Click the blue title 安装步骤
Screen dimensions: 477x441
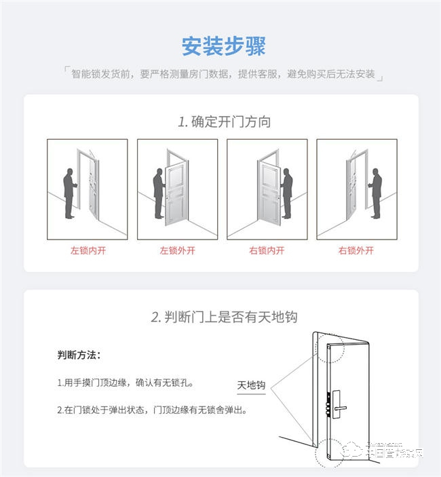point(223,46)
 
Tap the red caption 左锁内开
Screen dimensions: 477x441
point(88,250)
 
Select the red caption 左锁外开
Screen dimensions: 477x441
point(177,250)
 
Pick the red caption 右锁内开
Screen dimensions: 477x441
point(267,250)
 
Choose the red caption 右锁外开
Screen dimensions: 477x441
point(356,250)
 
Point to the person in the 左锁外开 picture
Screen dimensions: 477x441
point(159,193)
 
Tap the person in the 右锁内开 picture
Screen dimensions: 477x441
point(286,193)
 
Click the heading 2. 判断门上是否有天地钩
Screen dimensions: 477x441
point(224,317)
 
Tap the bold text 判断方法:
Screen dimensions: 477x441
point(79,356)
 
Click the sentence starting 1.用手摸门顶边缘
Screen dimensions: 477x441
point(126,383)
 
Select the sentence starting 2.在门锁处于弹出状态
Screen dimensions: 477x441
point(151,411)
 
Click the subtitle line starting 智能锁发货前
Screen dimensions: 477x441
point(223,74)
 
